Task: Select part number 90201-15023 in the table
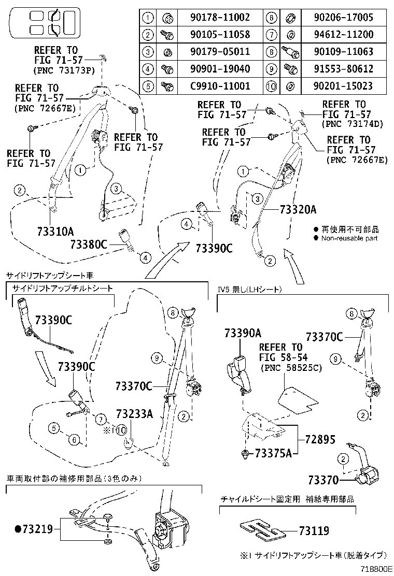(343, 86)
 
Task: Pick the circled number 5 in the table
(148, 86)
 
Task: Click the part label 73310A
(55, 231)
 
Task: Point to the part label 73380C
(89, 244)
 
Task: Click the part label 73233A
(134, 413)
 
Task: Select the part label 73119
(314, 530)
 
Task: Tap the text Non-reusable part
(350, 238)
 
